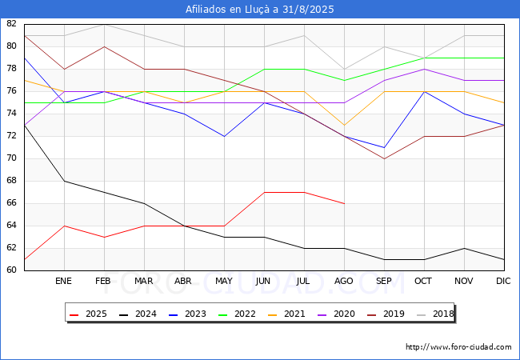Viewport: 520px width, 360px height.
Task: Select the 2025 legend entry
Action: [88, 314]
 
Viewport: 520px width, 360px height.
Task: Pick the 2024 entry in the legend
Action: [138, 314]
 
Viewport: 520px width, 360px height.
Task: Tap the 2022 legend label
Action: [237, 314]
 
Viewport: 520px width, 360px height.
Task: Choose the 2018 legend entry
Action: [435, 314]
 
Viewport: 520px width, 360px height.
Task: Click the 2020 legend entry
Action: [336, 314]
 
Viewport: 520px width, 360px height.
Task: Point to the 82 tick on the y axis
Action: [11, 23]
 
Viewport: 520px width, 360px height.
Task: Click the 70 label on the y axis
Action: [11, 158]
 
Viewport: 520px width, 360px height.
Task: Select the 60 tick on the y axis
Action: [11, 270]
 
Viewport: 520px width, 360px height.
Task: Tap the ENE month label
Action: [63, 281]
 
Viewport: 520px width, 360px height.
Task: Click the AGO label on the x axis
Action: [343, 281]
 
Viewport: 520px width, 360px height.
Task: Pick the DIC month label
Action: [503, 281]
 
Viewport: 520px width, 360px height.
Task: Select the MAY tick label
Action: [224, 281]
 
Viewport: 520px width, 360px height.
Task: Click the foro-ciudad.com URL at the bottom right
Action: [458, 347]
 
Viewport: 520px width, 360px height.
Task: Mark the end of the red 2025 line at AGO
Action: [345, 203]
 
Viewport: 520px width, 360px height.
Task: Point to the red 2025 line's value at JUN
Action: [264, 192]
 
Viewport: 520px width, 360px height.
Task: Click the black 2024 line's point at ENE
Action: [64, 181]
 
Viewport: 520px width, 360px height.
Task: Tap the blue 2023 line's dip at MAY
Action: [225, 136]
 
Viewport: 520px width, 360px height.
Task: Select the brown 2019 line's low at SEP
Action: [384, 158]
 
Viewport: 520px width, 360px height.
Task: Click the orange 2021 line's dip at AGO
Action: [345, 125]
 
